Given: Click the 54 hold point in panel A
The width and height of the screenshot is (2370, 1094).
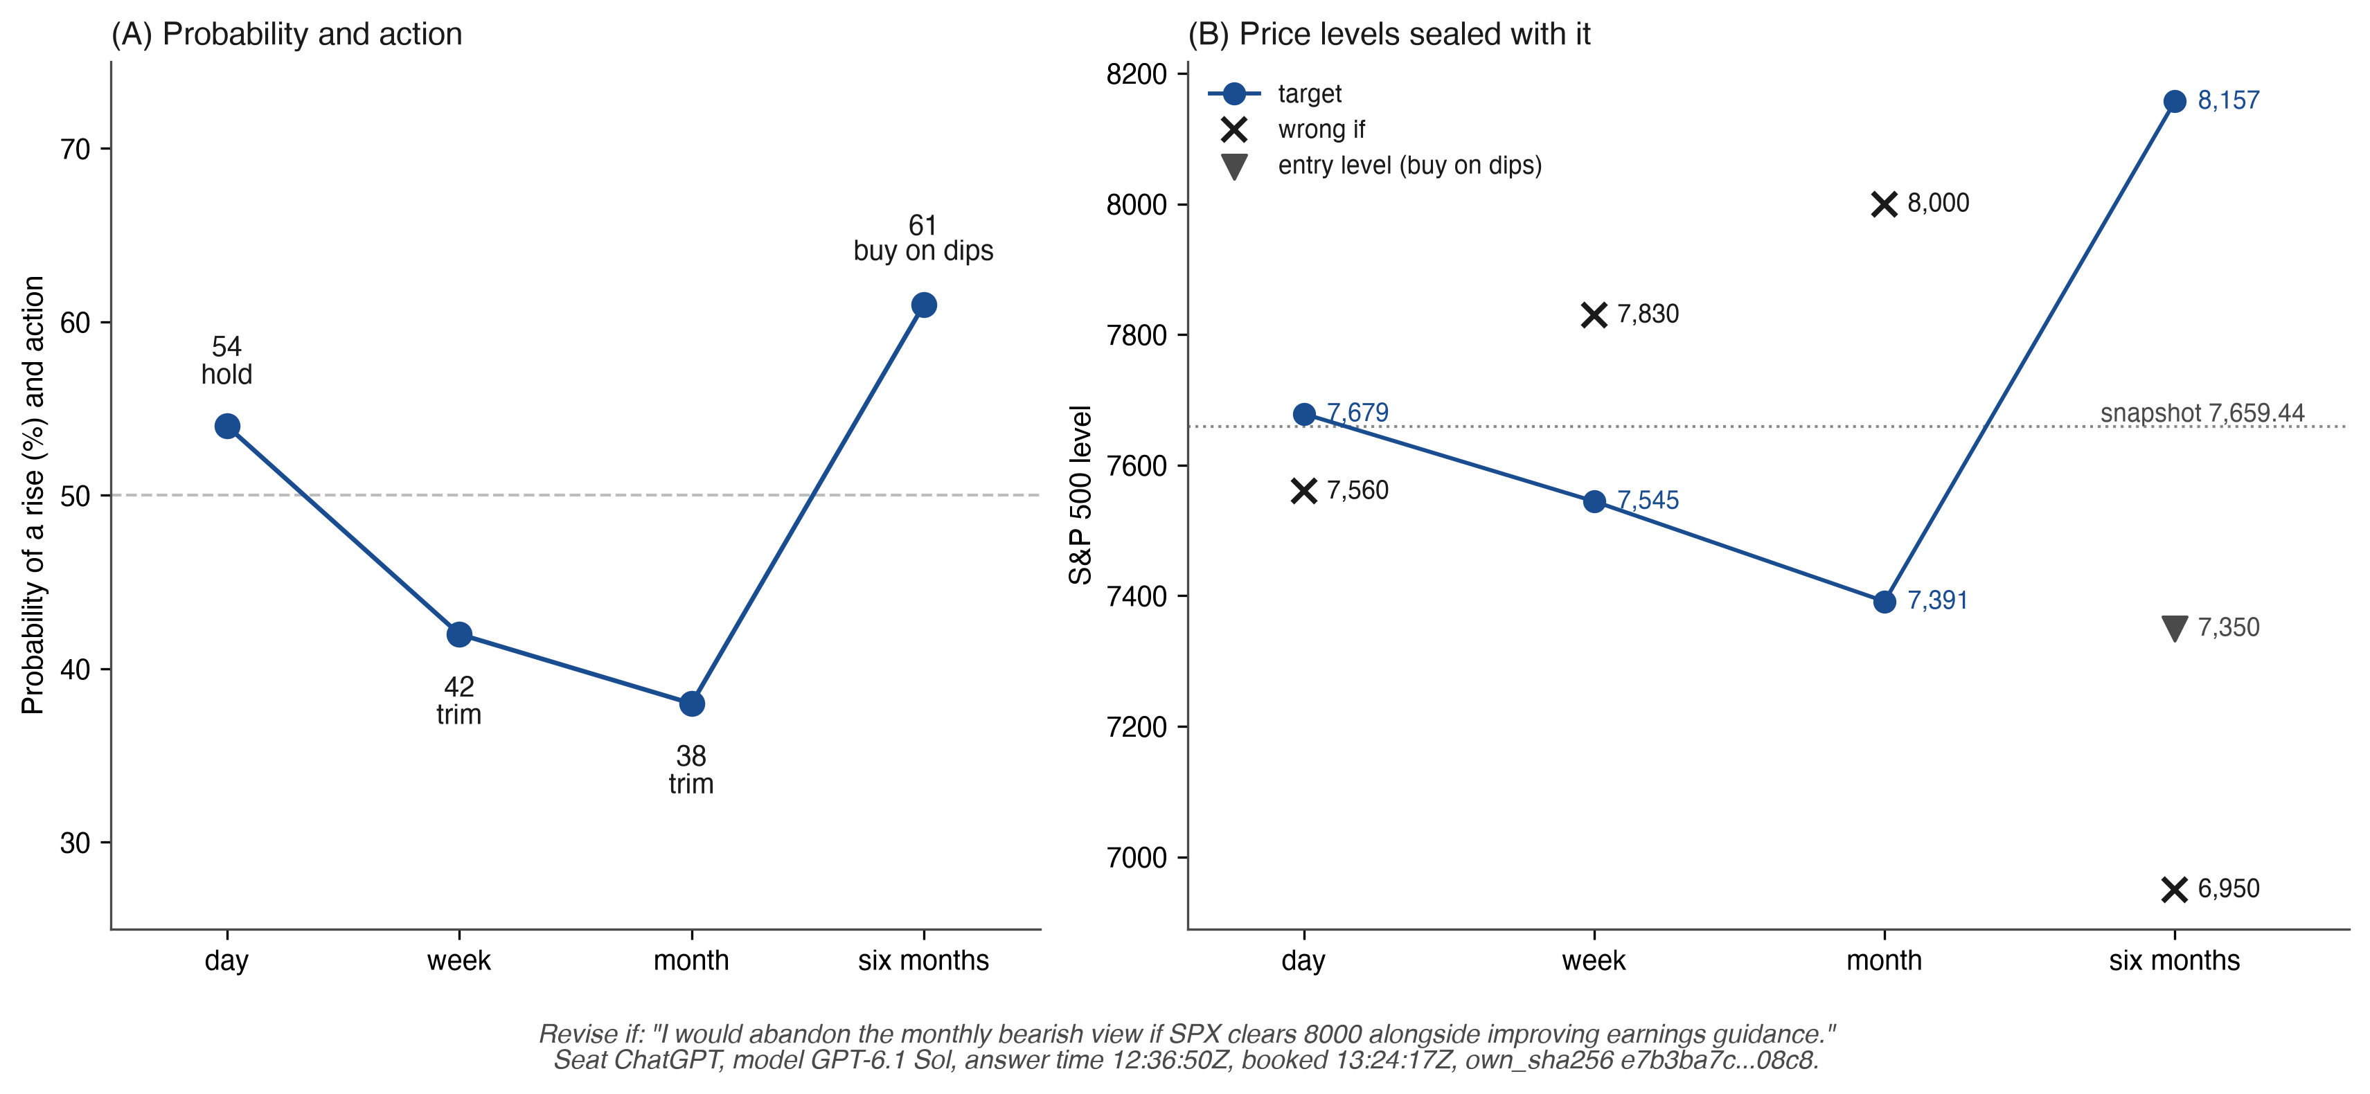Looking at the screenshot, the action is point(227,426).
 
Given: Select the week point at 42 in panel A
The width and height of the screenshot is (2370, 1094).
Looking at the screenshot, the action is point(459,634).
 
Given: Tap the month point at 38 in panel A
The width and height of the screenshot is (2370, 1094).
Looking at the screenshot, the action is point(692,704).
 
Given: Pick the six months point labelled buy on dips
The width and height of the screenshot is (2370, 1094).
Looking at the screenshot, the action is point(924,305).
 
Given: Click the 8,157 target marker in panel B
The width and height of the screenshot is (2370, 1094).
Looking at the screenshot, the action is point(2174,101).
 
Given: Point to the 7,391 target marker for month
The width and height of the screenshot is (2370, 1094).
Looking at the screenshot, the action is point(1885,602).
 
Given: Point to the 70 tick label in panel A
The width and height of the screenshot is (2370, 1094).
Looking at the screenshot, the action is point(75,149).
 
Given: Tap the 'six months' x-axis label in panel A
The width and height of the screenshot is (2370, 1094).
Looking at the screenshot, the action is point(924,960).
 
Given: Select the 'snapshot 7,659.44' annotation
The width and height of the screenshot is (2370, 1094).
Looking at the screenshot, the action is point(2202,413).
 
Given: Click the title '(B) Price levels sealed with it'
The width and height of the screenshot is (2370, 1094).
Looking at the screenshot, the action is point(1389,34).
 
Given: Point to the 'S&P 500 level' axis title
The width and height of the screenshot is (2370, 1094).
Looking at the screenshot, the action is point(1080,495).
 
